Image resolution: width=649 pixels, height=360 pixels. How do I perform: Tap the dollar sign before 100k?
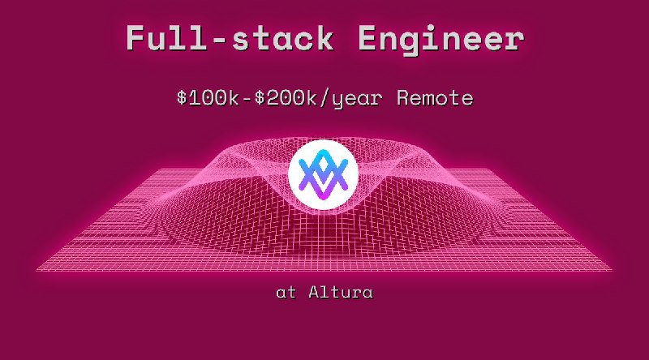pos(182,99)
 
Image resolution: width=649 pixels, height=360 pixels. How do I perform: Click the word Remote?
pos(434,99)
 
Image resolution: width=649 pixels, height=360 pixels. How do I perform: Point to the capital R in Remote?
pos(403,99)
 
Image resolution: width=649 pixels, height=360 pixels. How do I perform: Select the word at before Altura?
pos(286,294)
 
